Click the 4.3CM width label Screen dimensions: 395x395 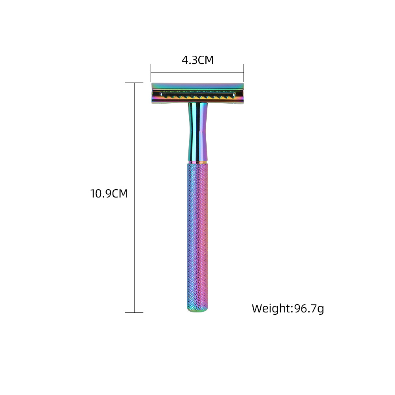198,60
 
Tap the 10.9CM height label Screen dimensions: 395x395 109,194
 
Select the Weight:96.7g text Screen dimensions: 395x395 288,308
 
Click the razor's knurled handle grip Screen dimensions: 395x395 197,237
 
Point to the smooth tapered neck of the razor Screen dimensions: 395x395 198,131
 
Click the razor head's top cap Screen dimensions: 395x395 197,87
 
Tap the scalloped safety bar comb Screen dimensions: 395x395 197,96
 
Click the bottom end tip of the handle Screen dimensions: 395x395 197,310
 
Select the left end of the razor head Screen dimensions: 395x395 152,93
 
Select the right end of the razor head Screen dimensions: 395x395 243,93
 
